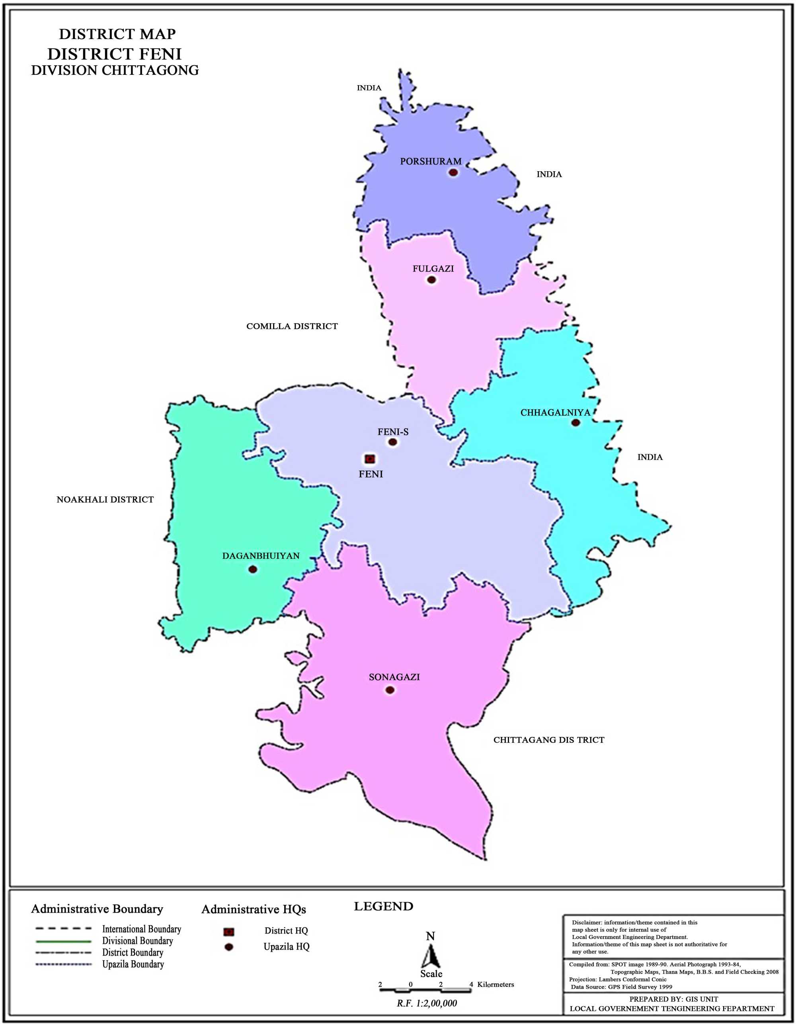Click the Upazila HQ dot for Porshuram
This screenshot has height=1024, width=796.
coord(453,172)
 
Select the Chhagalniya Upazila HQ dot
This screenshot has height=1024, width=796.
coord(576,422)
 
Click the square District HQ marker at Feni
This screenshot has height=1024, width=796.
coord(369,459)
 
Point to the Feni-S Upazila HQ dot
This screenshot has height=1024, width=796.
coord(393,442)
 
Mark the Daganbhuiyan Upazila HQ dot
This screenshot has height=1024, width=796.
coord(253,569)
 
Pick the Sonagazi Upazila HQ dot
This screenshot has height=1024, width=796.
coord(390,690)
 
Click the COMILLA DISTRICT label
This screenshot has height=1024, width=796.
coord(292,326)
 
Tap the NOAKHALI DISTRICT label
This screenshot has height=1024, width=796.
coord(105,500)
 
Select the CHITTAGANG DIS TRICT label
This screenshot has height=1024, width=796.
coord(548,740)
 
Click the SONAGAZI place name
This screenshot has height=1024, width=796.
coord(394,677)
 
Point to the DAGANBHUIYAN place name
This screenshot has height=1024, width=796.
coord(261,556)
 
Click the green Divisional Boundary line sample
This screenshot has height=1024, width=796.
coord(63,941)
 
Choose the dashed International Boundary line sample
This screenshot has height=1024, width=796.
coord(63,929)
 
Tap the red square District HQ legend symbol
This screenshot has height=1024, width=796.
coord(229,932)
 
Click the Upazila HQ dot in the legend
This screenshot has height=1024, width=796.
coord(229,947)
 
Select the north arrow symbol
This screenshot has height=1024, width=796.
coord(430,956)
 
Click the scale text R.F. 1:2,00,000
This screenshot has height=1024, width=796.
coord(427,1003)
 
